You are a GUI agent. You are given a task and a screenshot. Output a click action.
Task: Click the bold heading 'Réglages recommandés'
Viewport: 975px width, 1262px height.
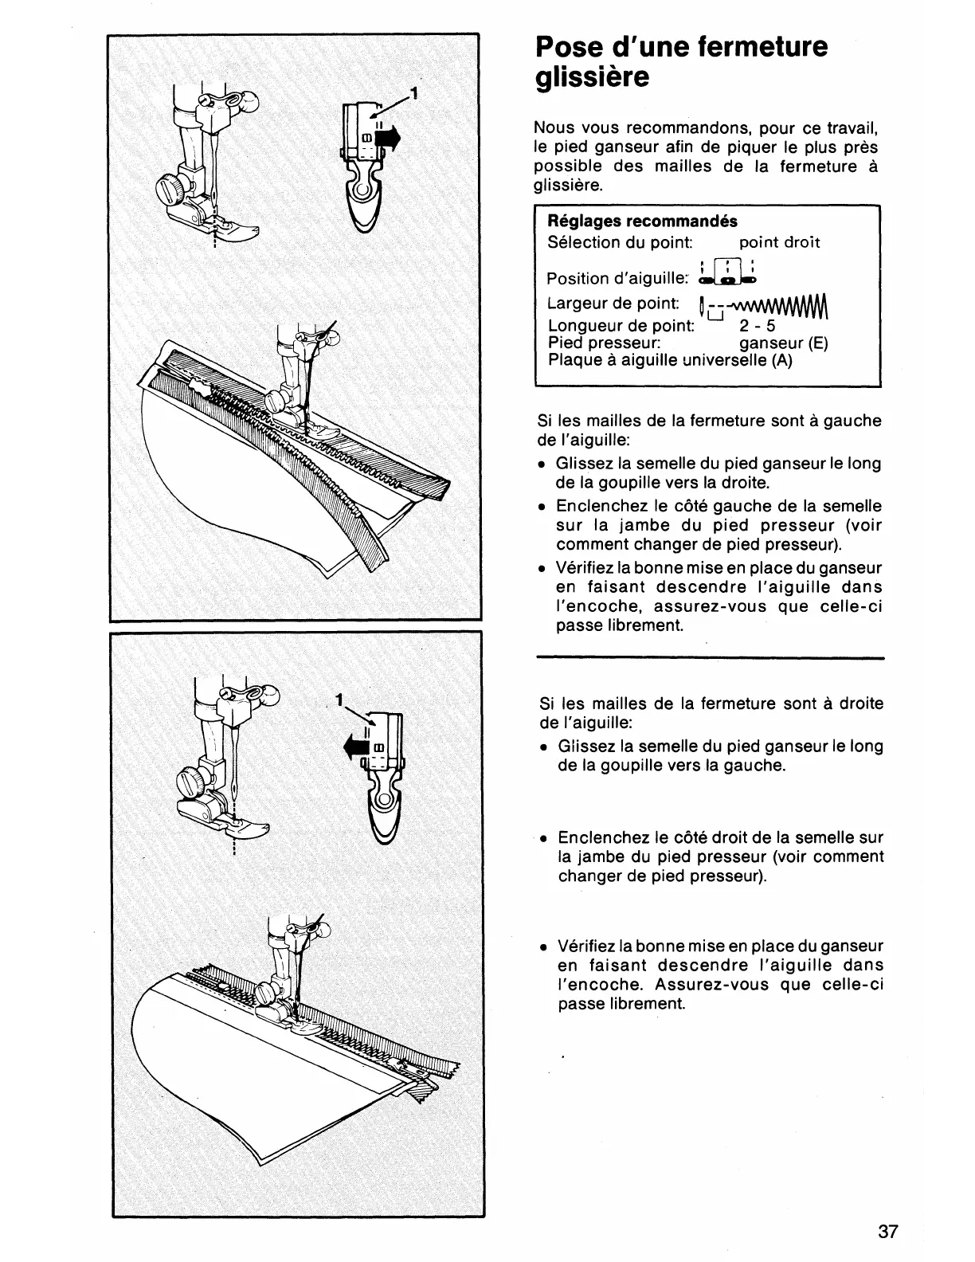(642, 221)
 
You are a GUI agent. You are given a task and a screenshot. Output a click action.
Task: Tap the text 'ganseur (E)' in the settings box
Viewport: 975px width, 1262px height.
(783, 343)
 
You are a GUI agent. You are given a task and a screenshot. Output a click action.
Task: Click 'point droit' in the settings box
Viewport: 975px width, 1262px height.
(779, 242)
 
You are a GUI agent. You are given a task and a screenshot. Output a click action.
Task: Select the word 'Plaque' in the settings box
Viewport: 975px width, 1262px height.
(572, 360)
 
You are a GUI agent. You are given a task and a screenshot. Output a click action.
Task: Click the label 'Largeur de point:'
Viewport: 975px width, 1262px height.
(613, 304)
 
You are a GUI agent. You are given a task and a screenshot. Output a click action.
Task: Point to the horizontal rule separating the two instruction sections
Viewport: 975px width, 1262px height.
(711, 658)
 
